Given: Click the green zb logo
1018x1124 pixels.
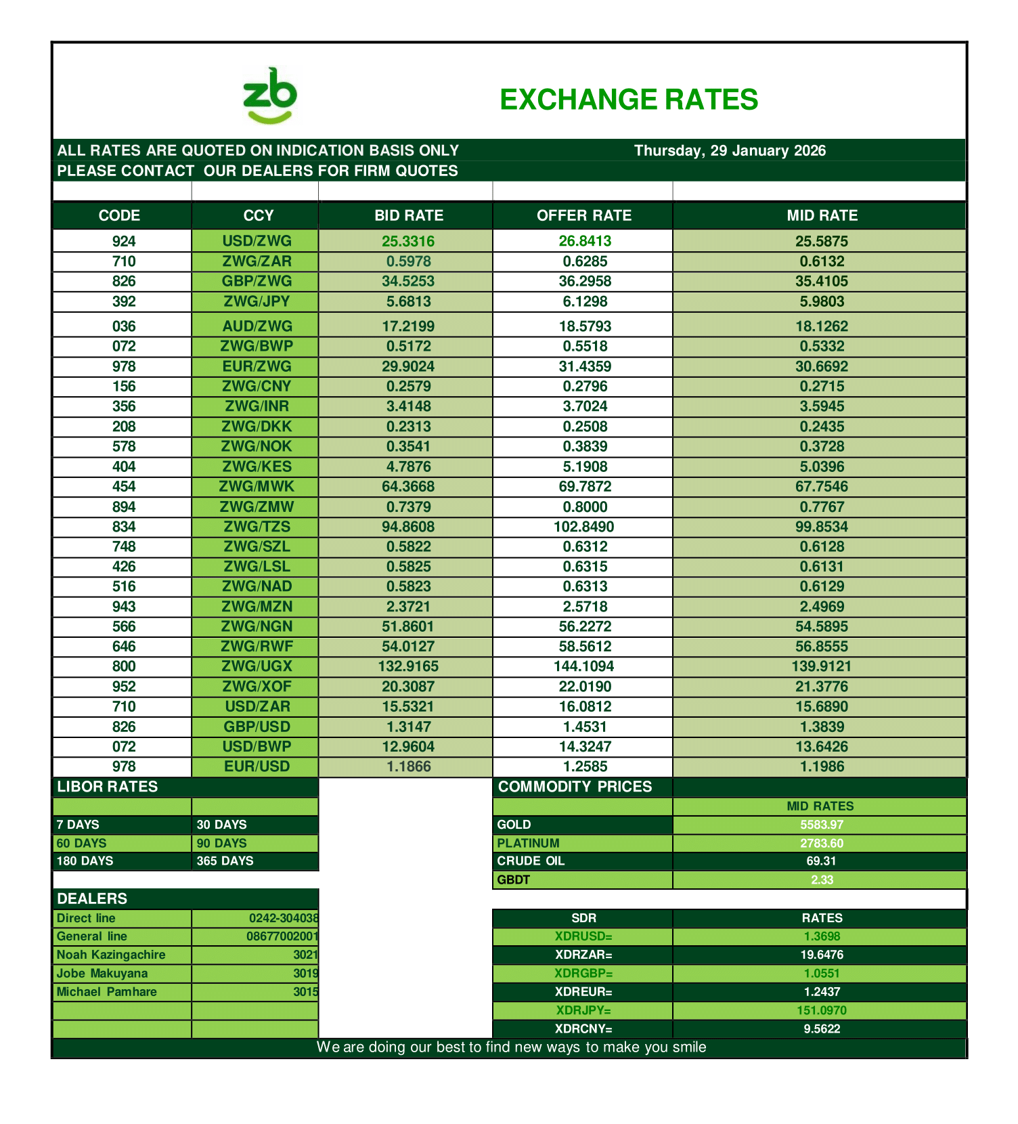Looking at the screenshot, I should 270,96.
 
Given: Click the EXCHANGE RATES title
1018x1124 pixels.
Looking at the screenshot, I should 628,100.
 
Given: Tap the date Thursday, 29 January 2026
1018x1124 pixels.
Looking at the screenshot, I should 730,150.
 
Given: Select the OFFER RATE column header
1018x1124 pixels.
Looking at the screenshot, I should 583,215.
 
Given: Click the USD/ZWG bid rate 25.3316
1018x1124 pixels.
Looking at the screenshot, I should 407,241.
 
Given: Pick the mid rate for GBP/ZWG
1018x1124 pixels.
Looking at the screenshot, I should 821,281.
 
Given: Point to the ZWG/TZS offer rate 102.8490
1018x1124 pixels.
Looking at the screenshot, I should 583,527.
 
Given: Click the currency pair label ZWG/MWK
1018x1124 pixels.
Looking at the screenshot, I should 257,486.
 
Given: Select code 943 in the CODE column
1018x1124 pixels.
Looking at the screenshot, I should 124,607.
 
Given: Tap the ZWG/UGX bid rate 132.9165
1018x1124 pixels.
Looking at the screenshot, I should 407,666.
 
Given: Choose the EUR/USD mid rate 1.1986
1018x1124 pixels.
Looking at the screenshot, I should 821,766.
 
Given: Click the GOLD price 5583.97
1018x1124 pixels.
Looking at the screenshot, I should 821,825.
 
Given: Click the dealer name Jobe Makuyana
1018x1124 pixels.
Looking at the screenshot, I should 102,973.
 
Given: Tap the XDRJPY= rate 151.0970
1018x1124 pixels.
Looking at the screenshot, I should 821,1010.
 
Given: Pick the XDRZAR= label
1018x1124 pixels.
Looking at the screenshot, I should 583,955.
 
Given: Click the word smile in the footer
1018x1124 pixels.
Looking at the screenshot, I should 689,1047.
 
